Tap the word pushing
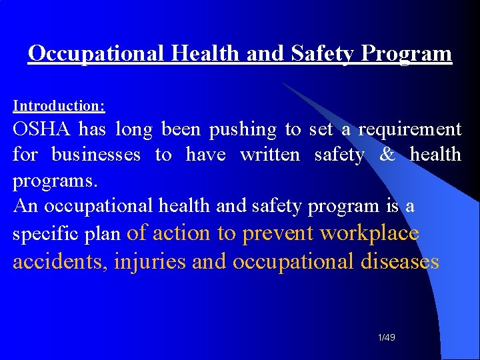coord(243,129)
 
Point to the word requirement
coord(409,129)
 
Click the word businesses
coord(96,155)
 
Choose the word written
coord(270,155)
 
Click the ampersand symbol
coord(387,155)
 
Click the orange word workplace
coord(369,233)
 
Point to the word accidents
coord(60,261)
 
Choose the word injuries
coord(150,261)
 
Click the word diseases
coord(399,261)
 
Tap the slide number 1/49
coord(386,338)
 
